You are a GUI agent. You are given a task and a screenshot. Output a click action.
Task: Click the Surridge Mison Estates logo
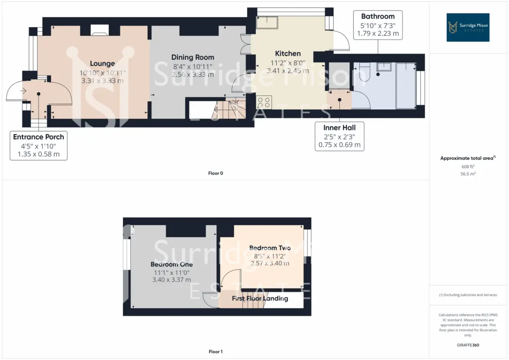pyautogui.click(x=468, y=27)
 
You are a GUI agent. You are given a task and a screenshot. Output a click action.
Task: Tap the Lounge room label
pyautogui.click(x=102, y=63)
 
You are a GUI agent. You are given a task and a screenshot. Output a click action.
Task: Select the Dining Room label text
pyautogui.click(x=193, y=57)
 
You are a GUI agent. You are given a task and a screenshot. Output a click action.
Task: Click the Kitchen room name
pyautogui.click(x=288, y=53)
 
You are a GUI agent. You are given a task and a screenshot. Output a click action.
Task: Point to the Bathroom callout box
pyautogui.click(x=378, y=25)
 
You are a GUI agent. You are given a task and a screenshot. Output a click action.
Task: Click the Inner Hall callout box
pyautogui.click(x=339, y=136)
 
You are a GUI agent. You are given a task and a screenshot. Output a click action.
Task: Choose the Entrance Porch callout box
pyautogui.click(x=39, y=145)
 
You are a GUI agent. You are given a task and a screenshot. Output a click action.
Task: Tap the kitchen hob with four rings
pyautogui.click(x=264, y=102)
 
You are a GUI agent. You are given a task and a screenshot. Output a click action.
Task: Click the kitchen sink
pyautogui.click(x=267, y=22)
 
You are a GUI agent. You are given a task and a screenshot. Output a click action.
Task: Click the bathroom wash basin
pyautogui.click(x=384, y=67)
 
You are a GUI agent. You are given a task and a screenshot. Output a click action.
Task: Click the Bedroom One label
pyautogui.click(x=172, y=264)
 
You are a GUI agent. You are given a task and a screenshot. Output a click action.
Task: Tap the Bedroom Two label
pyautogui.click(x=270, y=247)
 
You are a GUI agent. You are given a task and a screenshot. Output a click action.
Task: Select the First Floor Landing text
pyautogui.click(x=260, y=298)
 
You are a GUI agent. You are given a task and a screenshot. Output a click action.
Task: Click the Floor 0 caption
pyautogui.click(x=215, y=173)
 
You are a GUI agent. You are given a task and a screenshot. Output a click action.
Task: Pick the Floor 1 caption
pyautogui.click(x=215, y=351)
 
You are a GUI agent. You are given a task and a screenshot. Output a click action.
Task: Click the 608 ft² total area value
pyautogui.click(x=468, y=166)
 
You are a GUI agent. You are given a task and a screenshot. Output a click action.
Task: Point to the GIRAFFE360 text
pyautogui.click(x=468, y=345)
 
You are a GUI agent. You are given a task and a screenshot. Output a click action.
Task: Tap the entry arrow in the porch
pyautogui.click(x=23, y=90)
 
